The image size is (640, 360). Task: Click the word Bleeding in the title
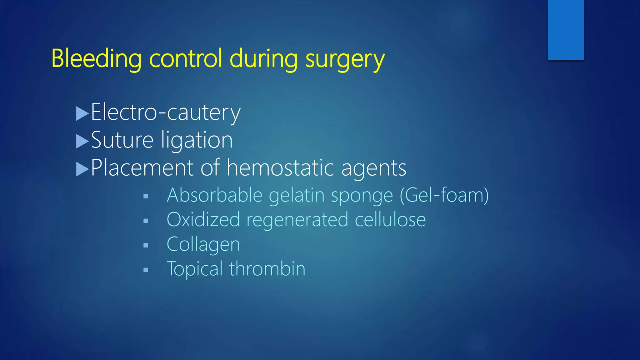(96, 59)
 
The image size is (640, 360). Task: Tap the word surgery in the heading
(345, 59)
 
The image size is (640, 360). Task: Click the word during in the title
(263, 59)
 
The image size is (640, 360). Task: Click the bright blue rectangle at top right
(566, 30)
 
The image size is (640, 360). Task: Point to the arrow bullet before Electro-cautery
(82, 114)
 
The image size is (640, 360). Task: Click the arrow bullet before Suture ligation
(82, 141)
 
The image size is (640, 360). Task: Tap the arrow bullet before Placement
(82, 169)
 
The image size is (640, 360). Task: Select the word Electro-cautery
(166, 112)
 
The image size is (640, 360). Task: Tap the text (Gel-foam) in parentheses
(444, 195)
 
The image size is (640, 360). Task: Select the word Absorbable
(214, 195)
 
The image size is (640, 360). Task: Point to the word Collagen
(203, 244)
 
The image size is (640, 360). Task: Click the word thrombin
(267, 269)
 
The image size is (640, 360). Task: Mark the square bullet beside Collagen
(146, 246)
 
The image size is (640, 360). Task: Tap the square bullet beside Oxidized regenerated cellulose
(146, 221)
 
